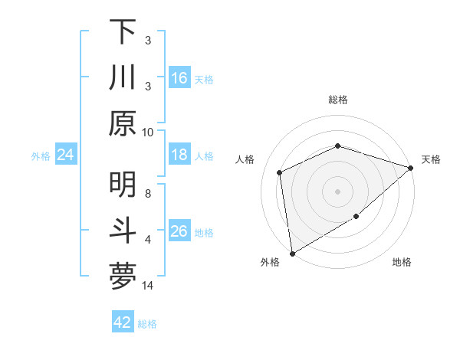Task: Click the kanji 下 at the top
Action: click(x=123, y=32)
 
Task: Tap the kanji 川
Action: click(x=123, y=78)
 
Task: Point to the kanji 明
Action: click(x=123, y=185)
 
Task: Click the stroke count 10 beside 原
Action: click(x=148, y=132)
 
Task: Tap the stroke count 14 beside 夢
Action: click(x=148, y=285)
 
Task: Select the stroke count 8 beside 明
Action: click(x=148, y=193)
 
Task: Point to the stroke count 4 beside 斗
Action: click(x=148, y=239)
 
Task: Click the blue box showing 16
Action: click(x=179, y=78)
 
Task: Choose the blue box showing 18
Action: click(x=179, y=155)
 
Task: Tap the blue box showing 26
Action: click(x=179, y=231)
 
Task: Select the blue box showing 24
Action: click(x=66, y=155)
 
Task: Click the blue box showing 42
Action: click(x=123, y=322)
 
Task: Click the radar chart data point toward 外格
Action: click(x=292, y=253)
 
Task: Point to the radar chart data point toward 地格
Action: click(x=356, y=218)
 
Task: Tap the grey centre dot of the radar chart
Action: click(x=337, y=191)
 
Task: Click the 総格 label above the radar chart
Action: click(x=337, y=100)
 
